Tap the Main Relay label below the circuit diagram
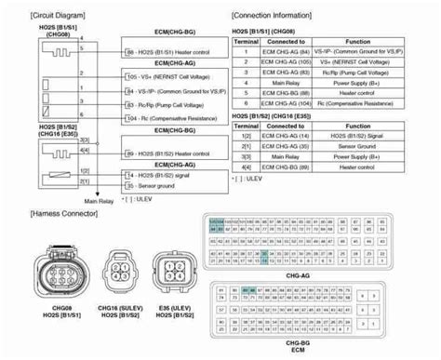[98, 199]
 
